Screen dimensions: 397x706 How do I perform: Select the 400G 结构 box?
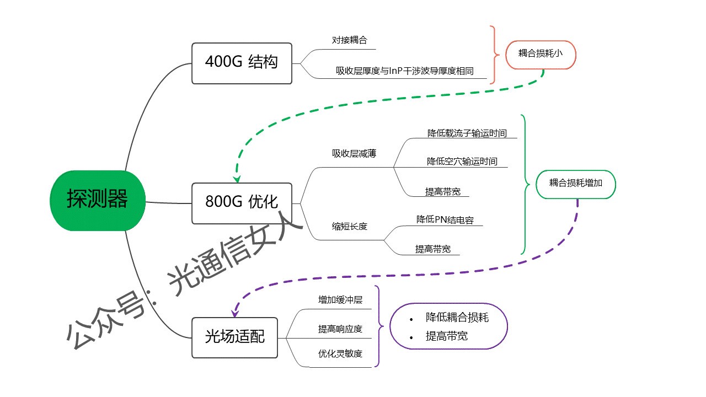coord(242,63)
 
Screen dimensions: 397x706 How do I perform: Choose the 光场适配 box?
coord(234,337)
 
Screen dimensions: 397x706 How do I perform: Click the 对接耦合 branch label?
coord(350,40)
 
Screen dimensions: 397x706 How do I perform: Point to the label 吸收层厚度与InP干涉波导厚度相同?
coord(405,71)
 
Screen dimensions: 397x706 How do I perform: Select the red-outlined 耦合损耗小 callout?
coord(540,54)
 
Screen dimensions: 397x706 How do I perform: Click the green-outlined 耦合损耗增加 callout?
coord(575,183)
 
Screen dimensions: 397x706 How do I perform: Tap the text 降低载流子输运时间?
coord(467,133)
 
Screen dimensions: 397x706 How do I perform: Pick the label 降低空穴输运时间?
coord(462,162)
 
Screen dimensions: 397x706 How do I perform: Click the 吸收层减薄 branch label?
coord(354,154)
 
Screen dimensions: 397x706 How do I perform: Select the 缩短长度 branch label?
coord(349,226)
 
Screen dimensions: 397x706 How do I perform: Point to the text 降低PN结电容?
coord(445,219)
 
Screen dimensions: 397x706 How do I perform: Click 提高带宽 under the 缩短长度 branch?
coord(432,249)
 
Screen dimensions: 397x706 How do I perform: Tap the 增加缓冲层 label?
coord(340,300)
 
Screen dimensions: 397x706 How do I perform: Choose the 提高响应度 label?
coord(340,329)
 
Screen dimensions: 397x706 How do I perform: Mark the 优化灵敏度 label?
coord(340,353)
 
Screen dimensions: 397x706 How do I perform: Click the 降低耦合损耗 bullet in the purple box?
coord(457,318)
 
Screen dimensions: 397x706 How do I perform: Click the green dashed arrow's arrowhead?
coord(237,180)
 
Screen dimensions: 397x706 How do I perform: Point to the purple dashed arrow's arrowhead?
coord(234,314)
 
